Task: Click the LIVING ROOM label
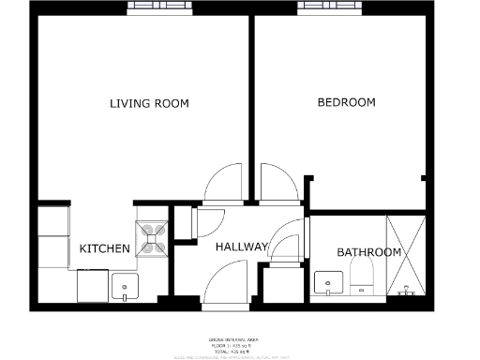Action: tap(149, 103)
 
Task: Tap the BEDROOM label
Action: tap(346, 102)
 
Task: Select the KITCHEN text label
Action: tap(104, 248)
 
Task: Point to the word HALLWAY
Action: tap(242, 247)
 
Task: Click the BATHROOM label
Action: tap(368, 252)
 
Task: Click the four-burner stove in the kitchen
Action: tap(152, 234)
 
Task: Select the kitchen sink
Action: tap(124, 286)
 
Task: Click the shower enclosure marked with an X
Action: tap(407, 253)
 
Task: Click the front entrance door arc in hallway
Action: tap(227, 283)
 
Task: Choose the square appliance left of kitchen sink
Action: tap(91, 285)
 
